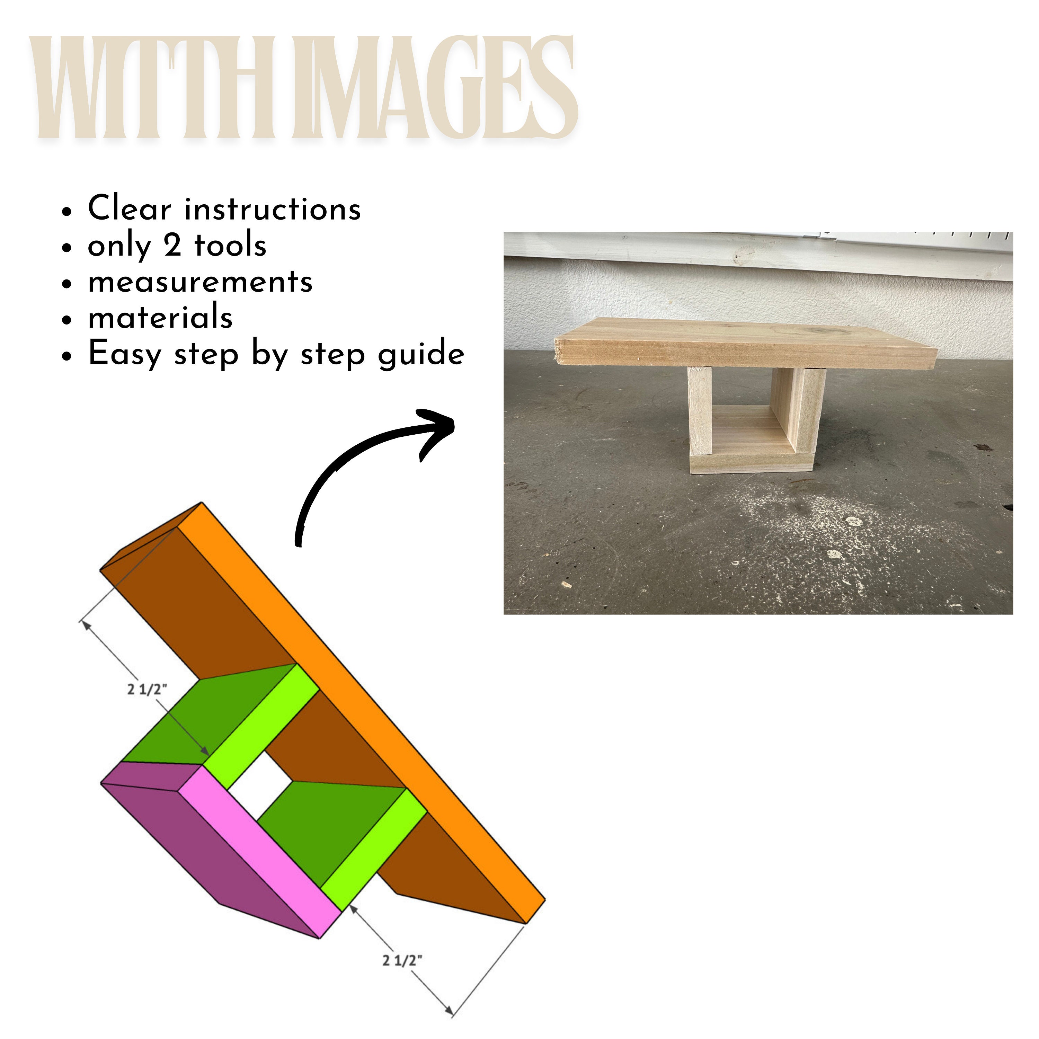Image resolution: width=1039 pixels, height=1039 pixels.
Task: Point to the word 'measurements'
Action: click(200, 282)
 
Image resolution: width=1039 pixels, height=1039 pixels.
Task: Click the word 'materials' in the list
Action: click(160, 317)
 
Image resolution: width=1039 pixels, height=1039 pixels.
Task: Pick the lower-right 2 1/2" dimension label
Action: click(402, 960)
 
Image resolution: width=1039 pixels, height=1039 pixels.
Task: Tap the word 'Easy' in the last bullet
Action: click(124, 354)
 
